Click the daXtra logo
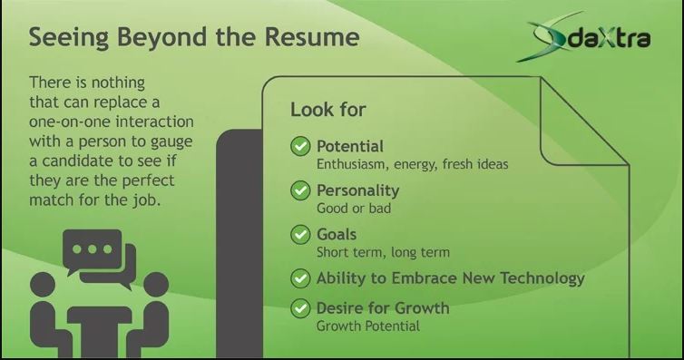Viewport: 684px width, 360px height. [x=583, y=36]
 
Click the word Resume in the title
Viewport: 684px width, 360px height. [x=312, y=36]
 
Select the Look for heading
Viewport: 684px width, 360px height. [x=328, y=110]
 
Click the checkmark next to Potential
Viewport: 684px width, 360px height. [x=300, y=146]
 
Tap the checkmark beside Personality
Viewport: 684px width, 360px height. [x=300, y=190]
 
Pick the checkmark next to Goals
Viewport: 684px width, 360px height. [x=300, y=235]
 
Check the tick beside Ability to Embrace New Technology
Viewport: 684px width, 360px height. [x=300, y=278]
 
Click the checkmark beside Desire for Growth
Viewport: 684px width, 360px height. [x=300, y=308]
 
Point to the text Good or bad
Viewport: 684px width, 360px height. [x=354, y=209]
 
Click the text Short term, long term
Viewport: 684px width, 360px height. [x=383, y=252]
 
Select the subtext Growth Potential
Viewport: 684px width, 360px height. [x=368, y=326]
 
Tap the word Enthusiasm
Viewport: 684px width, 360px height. [x=353, y=164]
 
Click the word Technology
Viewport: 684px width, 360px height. [x=542, y=278]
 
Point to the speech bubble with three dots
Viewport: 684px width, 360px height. [x=93, y=250]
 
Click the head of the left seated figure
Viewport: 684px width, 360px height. [x=43, y=285]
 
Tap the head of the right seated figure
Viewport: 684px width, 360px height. [x=156, y=285]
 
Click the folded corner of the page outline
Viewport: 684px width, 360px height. [x=584, y=122]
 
